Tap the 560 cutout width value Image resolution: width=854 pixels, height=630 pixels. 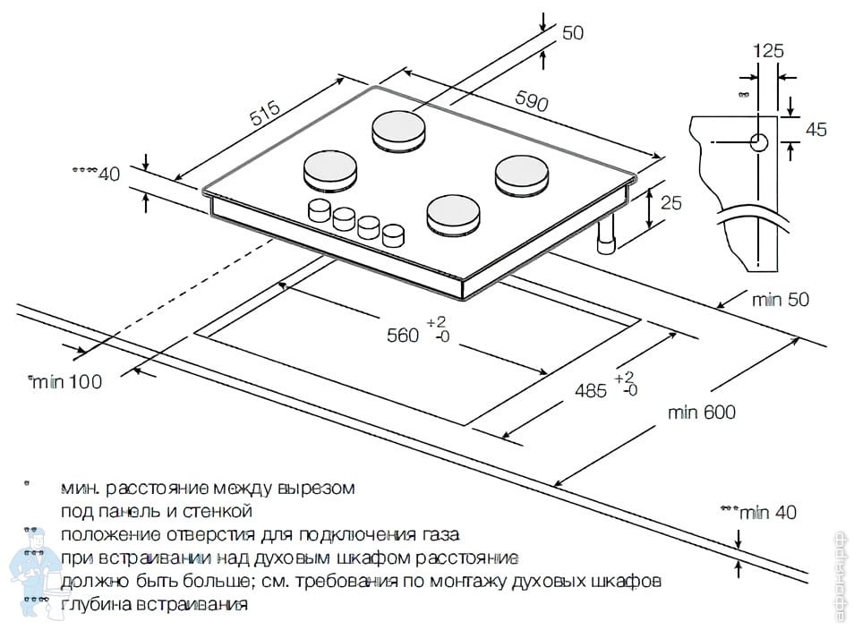click(x=403, y=336)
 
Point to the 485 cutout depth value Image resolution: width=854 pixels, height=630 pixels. click(x=590, y=390)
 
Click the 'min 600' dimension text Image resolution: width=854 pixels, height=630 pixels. click(x=702, y=413)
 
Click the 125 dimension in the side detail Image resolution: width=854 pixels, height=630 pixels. click(x=768, y=51)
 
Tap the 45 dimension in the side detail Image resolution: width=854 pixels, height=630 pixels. click(x=816, y=130)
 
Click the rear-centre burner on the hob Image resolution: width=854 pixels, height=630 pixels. click(x=400, y=129)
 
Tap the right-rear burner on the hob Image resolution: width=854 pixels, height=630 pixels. click(x=523, y=174)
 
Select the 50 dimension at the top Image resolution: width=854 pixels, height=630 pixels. click(x=573, y=33)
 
